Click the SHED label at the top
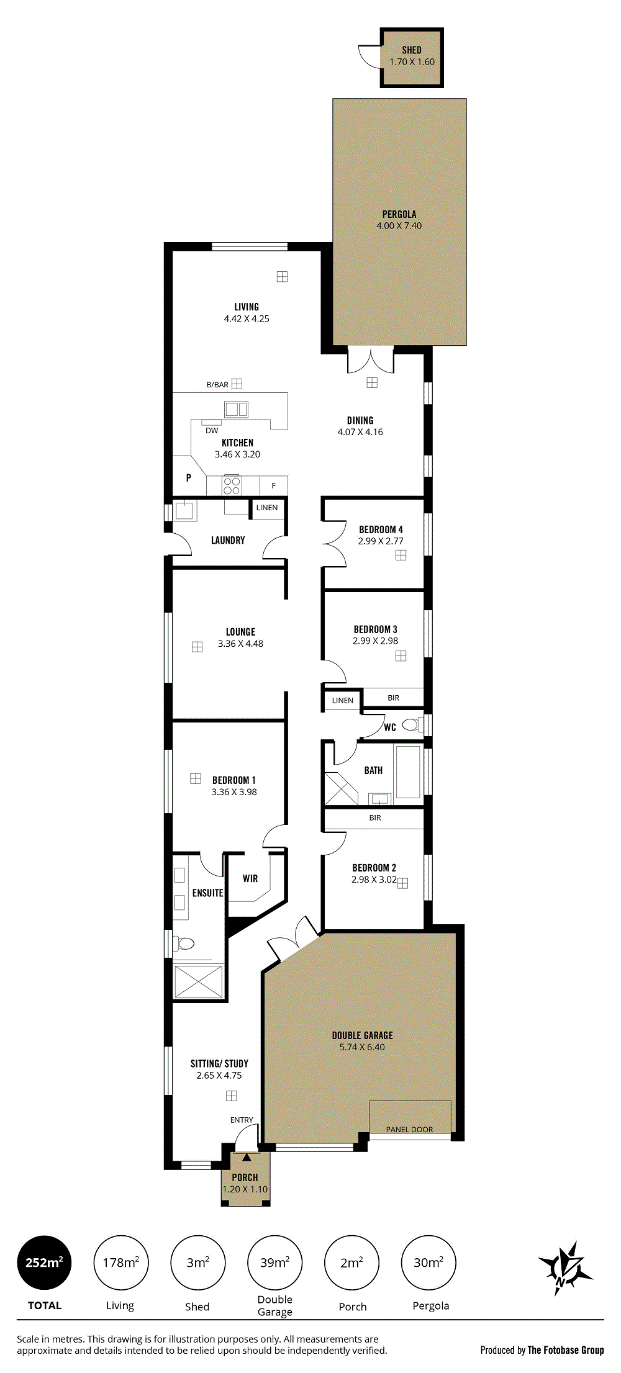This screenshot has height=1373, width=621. (412, 50)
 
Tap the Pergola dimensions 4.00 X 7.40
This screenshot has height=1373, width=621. (399, 226)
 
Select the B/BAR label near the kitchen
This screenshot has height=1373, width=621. (217, 385)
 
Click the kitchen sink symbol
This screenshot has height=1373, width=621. (236, 409)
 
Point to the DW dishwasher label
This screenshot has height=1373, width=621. (212, 430)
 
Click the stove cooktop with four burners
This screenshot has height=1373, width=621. (232, 485)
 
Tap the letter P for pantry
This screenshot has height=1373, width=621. (188, 478)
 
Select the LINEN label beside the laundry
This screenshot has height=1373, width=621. (267, 508)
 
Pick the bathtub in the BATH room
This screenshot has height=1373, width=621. (408, 772)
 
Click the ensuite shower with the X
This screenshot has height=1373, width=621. (199, 981)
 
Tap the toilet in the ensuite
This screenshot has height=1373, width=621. (183, 944)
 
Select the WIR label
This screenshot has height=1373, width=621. (250, 878)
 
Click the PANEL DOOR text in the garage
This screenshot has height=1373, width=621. (409, 1129)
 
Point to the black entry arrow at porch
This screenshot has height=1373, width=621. (247, 1157)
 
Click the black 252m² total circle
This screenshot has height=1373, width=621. (44, 1263)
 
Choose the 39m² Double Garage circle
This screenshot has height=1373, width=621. (274, 1263)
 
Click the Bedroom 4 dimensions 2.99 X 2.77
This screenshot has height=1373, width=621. (381, 541)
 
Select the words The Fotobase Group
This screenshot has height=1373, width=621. (566, 1350)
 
